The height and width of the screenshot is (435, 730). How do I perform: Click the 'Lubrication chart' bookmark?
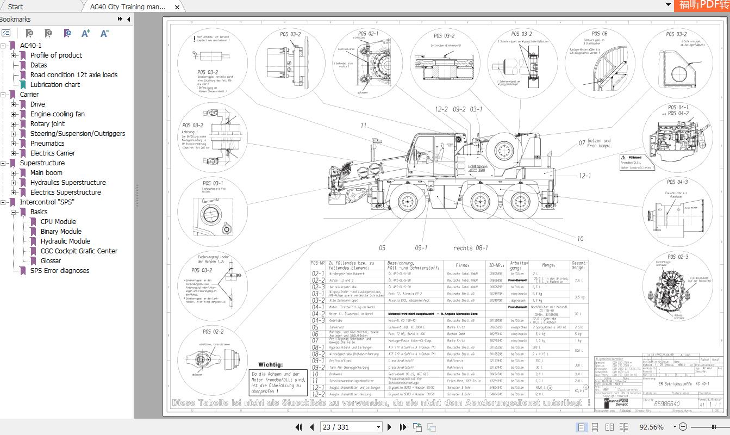click(x=55, y=85)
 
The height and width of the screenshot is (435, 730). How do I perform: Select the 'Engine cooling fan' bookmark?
click(x=57, y=114)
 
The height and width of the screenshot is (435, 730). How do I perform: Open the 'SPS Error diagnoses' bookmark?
click(x=59, y=271)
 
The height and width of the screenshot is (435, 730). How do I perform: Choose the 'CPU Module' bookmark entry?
click(x=58, y=222)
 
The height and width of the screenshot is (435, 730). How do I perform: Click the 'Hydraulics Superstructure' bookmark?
click(x=68, y=183)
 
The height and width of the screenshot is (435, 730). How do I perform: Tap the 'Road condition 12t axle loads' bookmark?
click(x=73, y=75)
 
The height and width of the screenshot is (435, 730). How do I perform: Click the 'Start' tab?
click(x=16, y=7)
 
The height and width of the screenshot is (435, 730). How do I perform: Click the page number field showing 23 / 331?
click(x=351, y=427)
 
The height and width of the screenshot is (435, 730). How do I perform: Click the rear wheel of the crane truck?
click(x=522, y=201)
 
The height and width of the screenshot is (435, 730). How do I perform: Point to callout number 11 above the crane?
click(x=363, y=126)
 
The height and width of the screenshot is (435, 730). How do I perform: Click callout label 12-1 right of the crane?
click(x=584, y=176)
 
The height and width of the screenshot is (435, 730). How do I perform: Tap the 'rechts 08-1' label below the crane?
click(x=470, y=248)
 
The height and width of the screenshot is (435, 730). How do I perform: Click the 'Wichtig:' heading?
click(x=270, y=365)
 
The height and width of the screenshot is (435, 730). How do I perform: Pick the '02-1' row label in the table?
click(x=318, y=274)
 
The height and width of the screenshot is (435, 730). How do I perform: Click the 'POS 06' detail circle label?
click(x=600, y=34)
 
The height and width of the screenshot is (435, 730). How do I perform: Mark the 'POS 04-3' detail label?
click(x=677, y=182)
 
